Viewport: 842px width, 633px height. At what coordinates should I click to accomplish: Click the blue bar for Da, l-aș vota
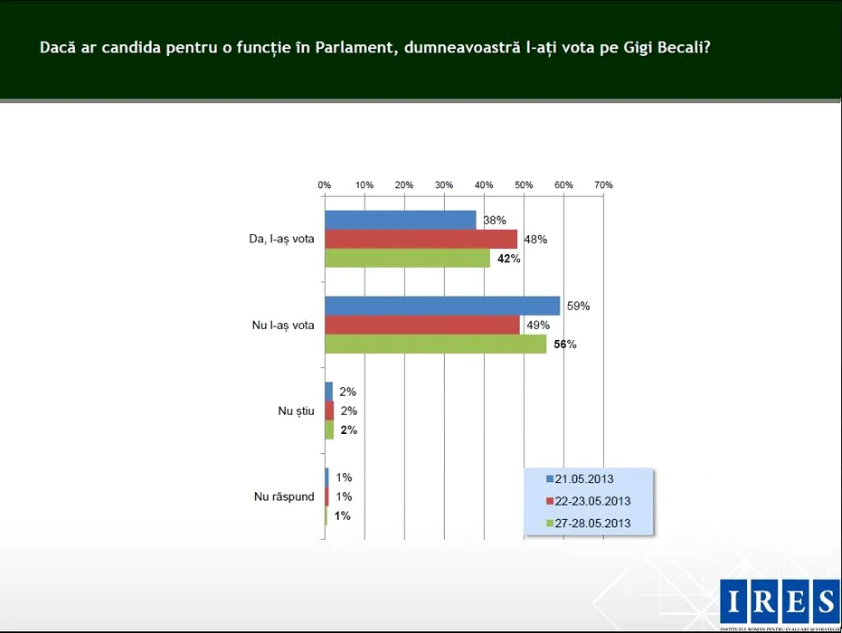(400, 220)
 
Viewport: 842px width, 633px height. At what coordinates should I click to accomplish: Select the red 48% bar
(421, 239)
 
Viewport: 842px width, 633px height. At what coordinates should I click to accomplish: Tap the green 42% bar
(407, 258)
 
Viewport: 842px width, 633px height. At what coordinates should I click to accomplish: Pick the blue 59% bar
(442, 306)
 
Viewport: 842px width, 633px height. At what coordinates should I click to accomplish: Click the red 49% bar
(422, 325)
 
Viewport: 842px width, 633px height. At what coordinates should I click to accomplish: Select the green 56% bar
(435, 344)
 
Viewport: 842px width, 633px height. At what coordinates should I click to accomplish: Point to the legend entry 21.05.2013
(583, 478)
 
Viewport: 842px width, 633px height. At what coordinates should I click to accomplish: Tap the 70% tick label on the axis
(603, 185)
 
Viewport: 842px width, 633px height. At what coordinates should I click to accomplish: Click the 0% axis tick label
(325, 185)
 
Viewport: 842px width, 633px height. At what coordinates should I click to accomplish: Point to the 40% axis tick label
(484, 185)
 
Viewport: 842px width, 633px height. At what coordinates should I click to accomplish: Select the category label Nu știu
(296, 411)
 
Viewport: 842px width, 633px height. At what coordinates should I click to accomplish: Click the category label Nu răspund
(284, 496)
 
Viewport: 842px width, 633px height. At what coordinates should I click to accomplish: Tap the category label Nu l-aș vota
(283, 325)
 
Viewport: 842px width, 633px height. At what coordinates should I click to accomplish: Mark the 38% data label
(495, 220)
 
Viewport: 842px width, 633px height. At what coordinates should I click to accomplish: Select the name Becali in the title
(676, 47)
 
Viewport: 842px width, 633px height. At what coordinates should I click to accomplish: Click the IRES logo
(780, 601)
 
